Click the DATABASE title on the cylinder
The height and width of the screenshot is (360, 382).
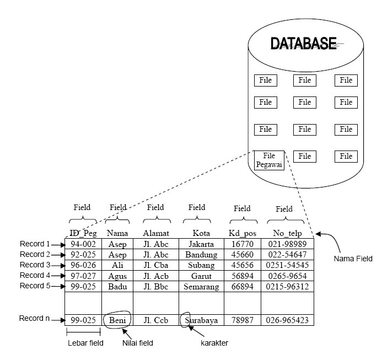[303, 44]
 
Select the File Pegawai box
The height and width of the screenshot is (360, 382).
[268, 160]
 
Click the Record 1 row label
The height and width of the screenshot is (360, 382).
[34, 244]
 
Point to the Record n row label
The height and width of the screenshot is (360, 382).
[34, 319]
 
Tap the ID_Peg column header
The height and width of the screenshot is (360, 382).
[83, 233]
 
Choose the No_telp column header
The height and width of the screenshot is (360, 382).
[288, 233]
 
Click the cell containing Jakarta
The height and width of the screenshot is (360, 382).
[201, 244]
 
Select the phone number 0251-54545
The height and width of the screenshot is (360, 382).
[288, 265]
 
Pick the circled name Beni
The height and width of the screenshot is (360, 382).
[117, 320]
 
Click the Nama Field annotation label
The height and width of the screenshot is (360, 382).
[353, 258]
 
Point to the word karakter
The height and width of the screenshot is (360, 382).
[213, 343]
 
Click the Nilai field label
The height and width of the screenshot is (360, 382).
[137, 343]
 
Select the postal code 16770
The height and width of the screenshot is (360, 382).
[243, 244]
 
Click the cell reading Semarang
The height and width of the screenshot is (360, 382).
[201, 287]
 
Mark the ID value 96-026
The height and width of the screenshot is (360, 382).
[83, 265]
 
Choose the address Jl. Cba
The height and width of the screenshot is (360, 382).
[155, 265]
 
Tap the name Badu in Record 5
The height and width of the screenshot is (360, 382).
[117, 287]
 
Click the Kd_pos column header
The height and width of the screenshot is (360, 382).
[243, 233]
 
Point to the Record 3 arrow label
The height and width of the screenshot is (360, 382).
[34, 265]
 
